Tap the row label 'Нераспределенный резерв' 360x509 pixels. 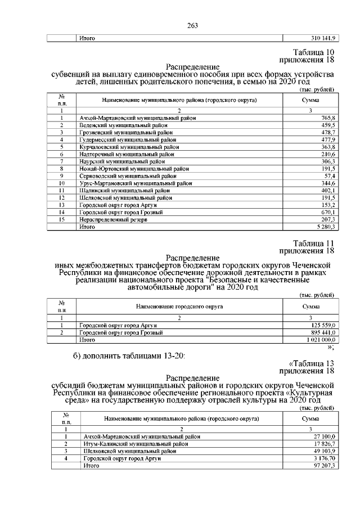click(x=113, y=220)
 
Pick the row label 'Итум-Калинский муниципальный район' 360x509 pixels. click(x=135, y=444)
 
